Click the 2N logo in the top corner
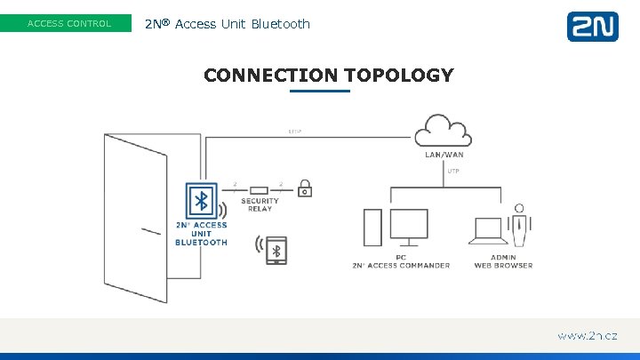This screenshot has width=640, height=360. [592, 26]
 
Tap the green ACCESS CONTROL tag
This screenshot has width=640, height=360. [69, 24]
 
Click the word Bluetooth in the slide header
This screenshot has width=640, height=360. [281, 24]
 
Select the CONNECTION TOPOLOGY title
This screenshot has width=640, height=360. [328, 76]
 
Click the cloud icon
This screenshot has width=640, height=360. [444, 132]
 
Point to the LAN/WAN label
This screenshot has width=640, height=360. [444, 155]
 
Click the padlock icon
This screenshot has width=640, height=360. [305, 188]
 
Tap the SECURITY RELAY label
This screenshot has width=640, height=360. [259, 204]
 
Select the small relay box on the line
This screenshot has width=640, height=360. [259, 189]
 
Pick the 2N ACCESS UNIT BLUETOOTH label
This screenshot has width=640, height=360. [201, 234]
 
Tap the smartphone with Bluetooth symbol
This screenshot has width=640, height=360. [276, 250]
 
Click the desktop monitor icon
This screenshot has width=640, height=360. [409, 228]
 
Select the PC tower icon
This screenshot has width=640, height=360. [373, 229]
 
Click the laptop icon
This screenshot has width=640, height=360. [489, 231]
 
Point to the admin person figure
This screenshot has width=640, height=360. [520, 225]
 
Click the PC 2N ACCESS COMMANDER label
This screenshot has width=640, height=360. [400, 261]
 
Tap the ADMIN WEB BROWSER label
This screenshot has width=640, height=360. [503, 261]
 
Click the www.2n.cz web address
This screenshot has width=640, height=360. [587, 336]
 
